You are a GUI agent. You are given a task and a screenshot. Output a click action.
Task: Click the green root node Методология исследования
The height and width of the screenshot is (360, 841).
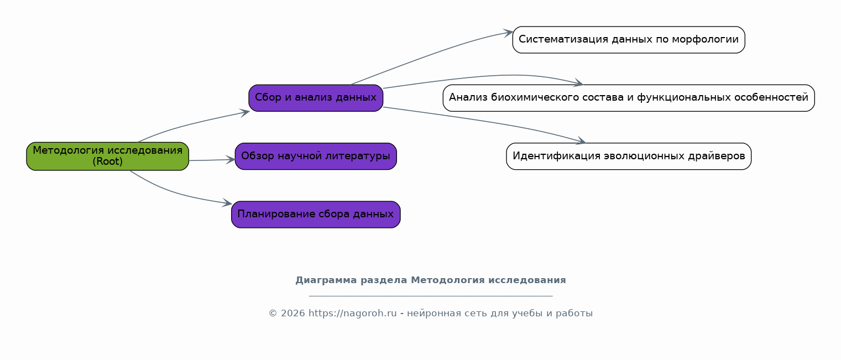pos(107,156)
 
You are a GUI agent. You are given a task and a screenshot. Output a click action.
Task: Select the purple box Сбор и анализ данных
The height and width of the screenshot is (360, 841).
pos(316,98)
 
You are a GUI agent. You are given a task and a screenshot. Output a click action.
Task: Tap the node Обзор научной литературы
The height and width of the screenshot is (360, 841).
pos(316,156)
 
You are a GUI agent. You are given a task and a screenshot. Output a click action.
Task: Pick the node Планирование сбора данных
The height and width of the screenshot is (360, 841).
pos(316,215)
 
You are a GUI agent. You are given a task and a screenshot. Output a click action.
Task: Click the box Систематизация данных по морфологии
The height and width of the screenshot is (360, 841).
pos(629,40)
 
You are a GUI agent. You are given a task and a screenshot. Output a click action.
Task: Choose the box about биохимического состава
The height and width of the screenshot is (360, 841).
pos(629,98)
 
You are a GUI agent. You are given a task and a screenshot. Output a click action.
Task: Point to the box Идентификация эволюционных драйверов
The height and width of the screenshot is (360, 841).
pos(629,156)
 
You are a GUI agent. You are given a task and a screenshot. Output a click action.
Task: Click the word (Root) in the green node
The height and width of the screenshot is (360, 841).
pos(107,161)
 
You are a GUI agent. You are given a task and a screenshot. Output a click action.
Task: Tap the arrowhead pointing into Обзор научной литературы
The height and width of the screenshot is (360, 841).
pos(231,160)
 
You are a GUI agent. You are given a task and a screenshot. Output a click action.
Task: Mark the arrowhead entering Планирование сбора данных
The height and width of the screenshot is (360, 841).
pos(227,203)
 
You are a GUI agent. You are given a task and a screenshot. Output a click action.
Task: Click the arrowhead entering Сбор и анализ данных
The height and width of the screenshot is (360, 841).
pos(245,112)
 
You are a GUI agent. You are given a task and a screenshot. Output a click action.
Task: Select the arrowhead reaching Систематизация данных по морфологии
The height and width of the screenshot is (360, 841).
pos(508,33)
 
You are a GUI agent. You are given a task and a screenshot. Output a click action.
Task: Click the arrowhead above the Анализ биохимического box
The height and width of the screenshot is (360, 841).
pos(578,82)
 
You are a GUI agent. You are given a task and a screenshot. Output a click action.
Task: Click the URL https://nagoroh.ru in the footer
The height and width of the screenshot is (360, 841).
pos(353,313)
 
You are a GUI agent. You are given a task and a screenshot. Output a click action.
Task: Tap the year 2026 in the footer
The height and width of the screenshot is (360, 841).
pos(293,313)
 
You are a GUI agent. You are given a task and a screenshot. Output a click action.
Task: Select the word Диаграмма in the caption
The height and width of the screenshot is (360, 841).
pos(326,280)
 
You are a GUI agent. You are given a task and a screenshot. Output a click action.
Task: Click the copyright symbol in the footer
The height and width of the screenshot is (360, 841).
pos(273,313)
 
